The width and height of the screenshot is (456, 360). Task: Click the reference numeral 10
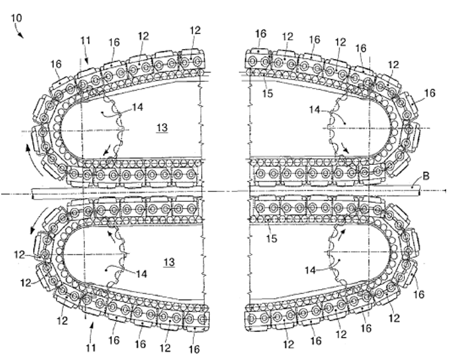pos(16,18)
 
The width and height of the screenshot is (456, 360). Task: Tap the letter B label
pos(425,176)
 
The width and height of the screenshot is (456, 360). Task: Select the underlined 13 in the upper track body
pos(162,127)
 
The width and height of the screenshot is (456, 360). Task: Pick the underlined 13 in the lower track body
pos(169,262)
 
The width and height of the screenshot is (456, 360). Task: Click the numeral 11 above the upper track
pos(86,41)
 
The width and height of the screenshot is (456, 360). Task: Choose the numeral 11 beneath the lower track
pos(90,348)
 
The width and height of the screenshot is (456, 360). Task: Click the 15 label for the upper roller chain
pos(268,93)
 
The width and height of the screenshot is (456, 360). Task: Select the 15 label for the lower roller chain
pos(271,238)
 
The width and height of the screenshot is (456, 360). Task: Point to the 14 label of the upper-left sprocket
pos(138,107)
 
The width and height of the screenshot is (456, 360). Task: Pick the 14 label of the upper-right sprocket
pos(314,110)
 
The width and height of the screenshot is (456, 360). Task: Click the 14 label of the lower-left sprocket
pos(142,274)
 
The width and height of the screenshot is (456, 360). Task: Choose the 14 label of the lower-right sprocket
pos(310,270)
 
